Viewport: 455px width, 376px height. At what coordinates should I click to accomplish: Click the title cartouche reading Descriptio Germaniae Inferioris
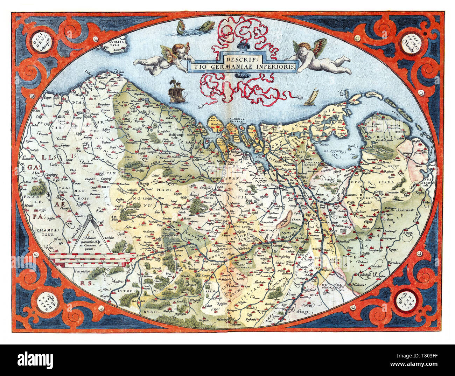pyautogui.click(x=242, y=62)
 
